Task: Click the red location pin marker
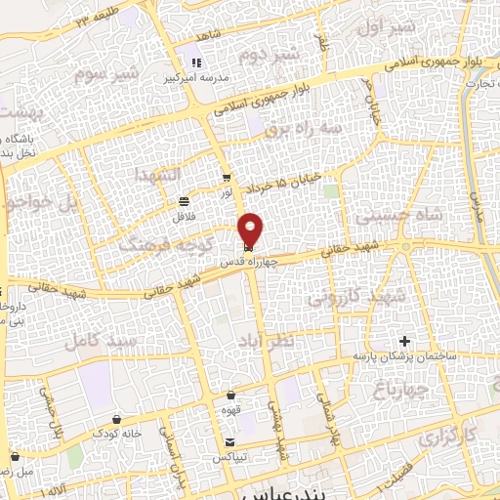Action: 251,229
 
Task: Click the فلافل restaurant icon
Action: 183,201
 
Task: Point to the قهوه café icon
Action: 229,396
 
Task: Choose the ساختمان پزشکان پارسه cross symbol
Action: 404,341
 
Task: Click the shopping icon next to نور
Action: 227,178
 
